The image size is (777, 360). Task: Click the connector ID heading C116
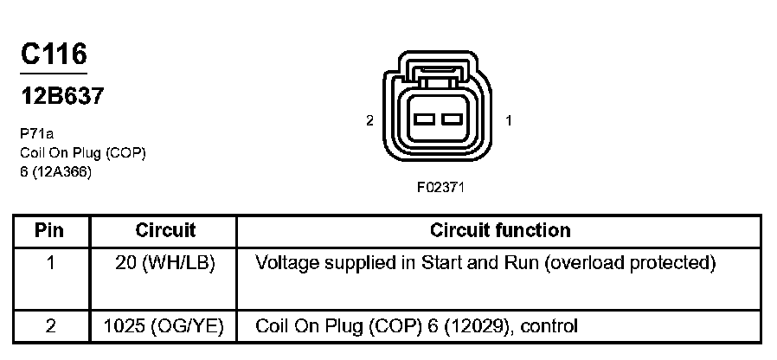(54, 55)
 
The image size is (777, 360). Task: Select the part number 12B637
(61, 95)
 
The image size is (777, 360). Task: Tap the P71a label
(37, 134)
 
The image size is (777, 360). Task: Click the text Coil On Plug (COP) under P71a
(82, 152)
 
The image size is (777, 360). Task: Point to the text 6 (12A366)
(55, 170)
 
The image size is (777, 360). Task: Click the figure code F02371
(440, 187)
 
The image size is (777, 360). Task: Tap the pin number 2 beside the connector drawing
(369, 121)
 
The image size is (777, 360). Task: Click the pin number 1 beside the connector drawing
(509, 121)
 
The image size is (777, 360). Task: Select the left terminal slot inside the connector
(425, 118)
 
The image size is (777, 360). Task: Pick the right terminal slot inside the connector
(452, 118)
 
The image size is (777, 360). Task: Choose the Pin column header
(50, 231)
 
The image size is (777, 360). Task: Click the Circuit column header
(165, 231)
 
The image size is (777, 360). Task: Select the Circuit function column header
(500, 231)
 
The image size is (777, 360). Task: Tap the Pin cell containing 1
(50, 262)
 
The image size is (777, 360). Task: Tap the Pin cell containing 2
(50, 326)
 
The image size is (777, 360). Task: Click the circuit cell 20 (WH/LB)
(165, 262)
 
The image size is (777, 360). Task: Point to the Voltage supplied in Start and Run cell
(485, 262)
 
